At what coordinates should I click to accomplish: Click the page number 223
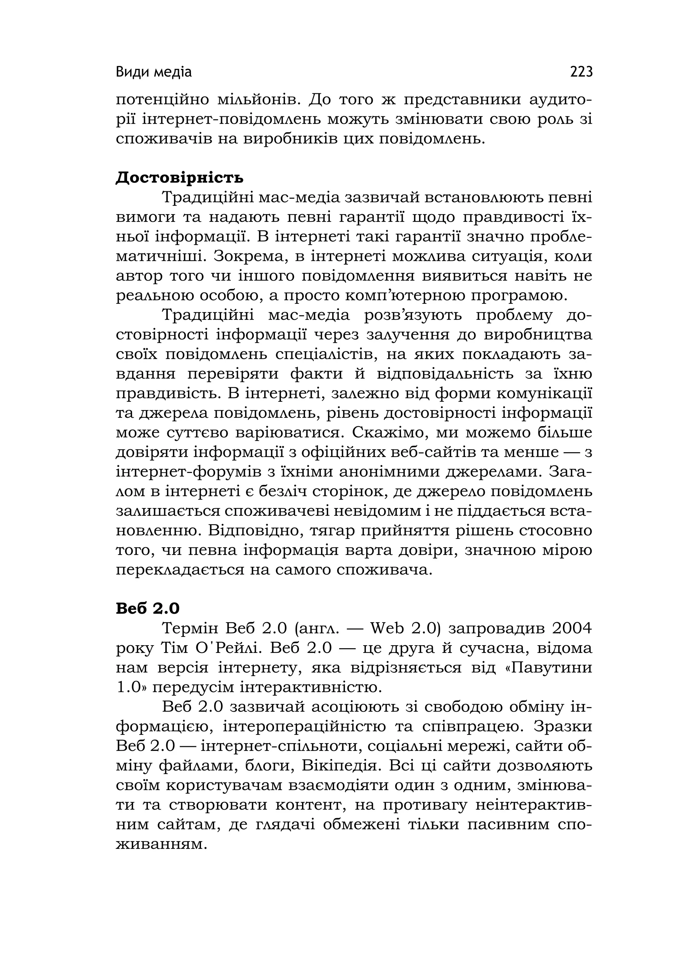point(581,72)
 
